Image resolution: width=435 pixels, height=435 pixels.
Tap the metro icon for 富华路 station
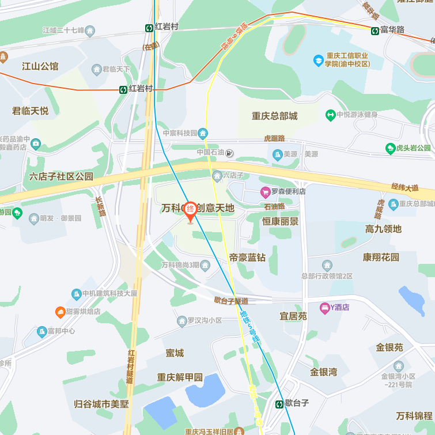375,30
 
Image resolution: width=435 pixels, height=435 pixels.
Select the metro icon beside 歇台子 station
279,404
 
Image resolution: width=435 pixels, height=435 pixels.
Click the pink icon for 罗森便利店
265,192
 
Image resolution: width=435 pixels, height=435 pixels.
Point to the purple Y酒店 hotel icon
325,308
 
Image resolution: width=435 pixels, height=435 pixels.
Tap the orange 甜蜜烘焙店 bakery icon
60,312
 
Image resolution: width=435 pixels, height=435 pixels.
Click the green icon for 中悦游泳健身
330,115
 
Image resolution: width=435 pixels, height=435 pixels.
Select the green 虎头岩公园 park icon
390,148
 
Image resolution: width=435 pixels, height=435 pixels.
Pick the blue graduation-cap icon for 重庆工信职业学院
318,60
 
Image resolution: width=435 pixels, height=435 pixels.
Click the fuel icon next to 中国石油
230,153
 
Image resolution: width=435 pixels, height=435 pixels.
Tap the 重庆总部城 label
274,116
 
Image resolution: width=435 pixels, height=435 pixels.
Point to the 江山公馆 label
40,66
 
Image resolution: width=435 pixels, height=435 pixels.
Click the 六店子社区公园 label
61,176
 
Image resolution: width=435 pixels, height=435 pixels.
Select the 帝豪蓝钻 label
247,258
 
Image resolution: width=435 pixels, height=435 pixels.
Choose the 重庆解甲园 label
180,377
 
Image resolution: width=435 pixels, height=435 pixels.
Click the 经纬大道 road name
404,188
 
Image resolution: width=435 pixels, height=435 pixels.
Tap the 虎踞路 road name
274,138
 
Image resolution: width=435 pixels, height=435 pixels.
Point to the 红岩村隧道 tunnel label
131,366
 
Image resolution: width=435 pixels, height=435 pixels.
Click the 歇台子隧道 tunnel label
231,300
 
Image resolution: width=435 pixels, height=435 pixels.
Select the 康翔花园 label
381,257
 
